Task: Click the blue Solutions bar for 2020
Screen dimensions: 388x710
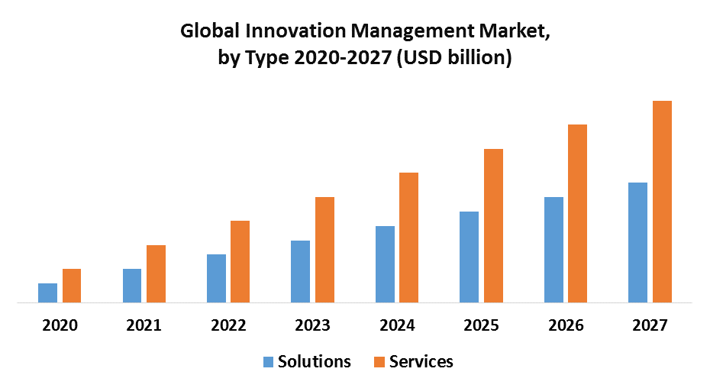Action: click(48, 293)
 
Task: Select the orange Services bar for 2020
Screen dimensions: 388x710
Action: click(72, 286)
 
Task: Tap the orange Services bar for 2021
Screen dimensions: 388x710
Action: click(156, 274)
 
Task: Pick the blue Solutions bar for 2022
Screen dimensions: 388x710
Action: click(216, 279)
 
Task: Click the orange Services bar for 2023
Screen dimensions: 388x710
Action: click(324, 250)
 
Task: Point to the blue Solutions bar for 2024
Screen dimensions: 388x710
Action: click(385, 264)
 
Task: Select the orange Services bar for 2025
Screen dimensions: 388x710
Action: click(493, 226)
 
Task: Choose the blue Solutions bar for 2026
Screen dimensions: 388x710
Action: click(553, 250)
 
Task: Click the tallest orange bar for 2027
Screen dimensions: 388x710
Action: click(662, 202)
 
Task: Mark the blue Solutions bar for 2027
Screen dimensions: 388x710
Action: click(637, 243)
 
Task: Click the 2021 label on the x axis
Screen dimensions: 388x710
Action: click(144, 325)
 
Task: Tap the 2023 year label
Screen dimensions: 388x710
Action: click(313, 325)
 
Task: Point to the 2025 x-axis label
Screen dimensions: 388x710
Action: click(481, 325)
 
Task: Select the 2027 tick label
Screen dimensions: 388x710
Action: click(650, 325)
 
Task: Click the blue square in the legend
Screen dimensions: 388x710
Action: click(268, 362)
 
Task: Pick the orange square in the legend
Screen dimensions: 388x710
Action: click(379, 362)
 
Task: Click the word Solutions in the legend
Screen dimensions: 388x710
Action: click(315, 362)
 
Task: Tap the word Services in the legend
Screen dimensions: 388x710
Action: click(421, 362)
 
